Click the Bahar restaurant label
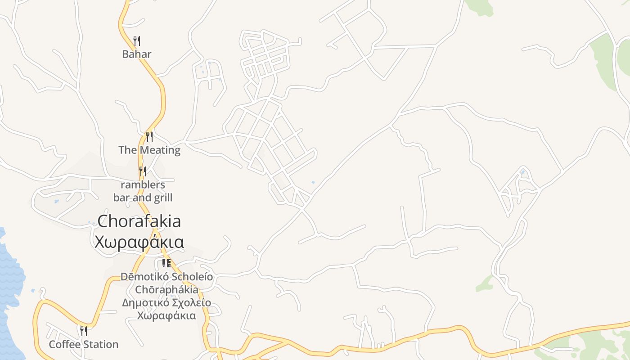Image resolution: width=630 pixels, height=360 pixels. click(x=137, y=54)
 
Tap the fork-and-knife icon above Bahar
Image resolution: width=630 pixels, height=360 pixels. click(x=137, y=41)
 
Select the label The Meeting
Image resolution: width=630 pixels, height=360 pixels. click(x=149, y=150)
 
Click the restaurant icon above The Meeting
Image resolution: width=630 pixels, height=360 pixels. click(x=149, y=136)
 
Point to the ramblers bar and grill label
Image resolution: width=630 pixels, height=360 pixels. click(x=143, y=191)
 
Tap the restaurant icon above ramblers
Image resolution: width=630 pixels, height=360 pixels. click(x=143, y=171)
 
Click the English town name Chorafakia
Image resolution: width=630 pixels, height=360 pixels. click(x=139, y=221)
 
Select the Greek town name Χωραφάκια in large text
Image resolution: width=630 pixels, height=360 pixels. click(x=139, y=242)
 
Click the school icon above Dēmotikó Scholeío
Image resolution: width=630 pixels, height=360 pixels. click(x=166, y=263)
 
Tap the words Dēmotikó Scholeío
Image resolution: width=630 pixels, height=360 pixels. click(x=166, y=276)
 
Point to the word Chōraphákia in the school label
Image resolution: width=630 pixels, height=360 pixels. click(x=166, y=289)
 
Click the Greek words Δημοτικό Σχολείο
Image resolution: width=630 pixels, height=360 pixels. click(x=166, y=302)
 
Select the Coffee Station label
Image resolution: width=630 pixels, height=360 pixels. click(x=84, y=345)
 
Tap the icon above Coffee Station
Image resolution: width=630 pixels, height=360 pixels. click(x=84, y=331)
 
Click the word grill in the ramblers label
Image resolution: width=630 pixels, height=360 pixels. click(x=162, y=198)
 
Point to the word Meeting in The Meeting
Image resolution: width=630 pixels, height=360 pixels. click(x=160, y=150)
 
